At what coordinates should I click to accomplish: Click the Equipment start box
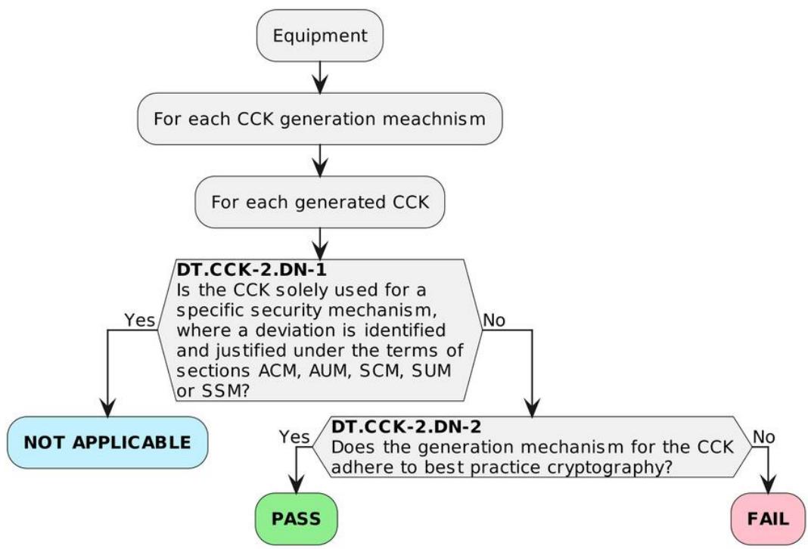point(320,36)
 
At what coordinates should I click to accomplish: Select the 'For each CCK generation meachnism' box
point(319,119)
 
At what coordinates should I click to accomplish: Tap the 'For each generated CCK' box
point(319,202)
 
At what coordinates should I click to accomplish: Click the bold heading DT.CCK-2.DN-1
point(251,269)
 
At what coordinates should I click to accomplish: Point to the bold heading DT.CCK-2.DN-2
point(406,426)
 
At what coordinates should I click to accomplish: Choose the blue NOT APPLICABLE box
point(107,442)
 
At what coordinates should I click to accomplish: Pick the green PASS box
point(297,519)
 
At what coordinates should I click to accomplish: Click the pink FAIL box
point(768,519)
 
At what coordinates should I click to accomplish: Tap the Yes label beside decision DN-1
point(140,320)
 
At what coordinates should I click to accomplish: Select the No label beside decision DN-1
point(494,321)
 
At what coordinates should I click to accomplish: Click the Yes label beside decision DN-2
point(294,437)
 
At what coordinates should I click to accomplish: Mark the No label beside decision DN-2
point(763,437)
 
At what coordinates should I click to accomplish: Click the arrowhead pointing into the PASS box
point(296,484)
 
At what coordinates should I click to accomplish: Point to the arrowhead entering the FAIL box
point(769,484)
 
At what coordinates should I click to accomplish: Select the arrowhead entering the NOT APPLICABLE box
point(107,408)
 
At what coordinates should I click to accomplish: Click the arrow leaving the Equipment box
point(320,77)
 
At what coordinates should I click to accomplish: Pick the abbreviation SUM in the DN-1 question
point(431,371)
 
